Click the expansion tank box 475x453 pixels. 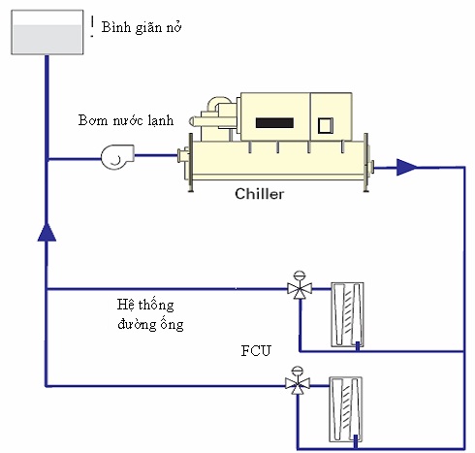[47, 32]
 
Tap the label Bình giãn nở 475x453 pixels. [142, 27]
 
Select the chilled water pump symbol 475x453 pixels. [117, 157]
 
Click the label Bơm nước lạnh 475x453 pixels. [126, 120]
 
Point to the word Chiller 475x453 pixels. [260, 194]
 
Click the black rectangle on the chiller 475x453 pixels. [274, 123]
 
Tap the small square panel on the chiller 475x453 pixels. [325, 125]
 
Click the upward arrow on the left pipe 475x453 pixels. [47, 232]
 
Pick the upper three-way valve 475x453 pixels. [300, 288]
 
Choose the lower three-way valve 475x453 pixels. [298, 384]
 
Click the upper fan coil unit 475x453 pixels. [347, 315]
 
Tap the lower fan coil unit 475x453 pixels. [345, 409]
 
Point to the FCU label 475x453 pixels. [256, 351]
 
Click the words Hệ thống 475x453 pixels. [145, 305]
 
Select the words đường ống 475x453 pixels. [150, 324]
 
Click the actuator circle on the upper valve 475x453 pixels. [300, 275]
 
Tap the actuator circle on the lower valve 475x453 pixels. [298, 371]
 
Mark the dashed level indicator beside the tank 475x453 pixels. [92, 26]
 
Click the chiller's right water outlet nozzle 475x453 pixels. [370, 167]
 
